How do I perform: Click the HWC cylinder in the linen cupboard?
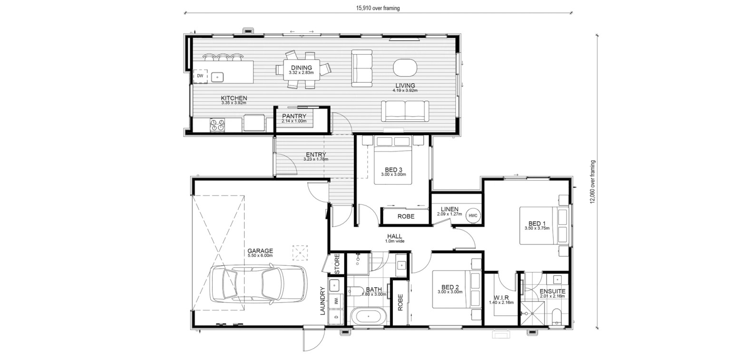pyautogui.click(x=473, y=215)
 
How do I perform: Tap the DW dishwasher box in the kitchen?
pyautogui.click(x=200, y=76)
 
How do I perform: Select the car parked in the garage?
pyautogui.click(x=258, y=284)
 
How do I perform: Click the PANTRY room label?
pyautogui.click(x=294, y=116)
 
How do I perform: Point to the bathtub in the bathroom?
pyautogui.click(x=368, y=317)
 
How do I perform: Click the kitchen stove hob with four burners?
pyautogui.click(x=217, y=125)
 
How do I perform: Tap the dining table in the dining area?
pyautogui.click(x=302, y=70)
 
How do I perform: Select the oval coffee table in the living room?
pyautogui.click(x=405, y=68)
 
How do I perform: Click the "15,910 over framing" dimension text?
pyautogui.click(x=378, y=8)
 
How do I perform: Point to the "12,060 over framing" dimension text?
pyautogui.click(x=593, y=182)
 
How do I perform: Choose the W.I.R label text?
pyautogui.click(x=501, y=298)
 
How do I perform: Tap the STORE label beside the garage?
pyautogui.click(x=337, y=264)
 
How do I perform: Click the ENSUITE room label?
pyautogui.click(x=553, y=292)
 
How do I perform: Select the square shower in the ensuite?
pyautogui.click(x=532, y=313)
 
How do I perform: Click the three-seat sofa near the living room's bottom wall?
pyautogui.click(x=405, y=111)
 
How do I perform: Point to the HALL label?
pyautogui.click(x=394, y=236)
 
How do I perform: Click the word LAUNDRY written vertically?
pyautogui.click(x=323, y=301)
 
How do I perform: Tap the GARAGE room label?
pyautogui.click(x=260, y=251)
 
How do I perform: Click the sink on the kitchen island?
pyautogui.click(x=217, y=78)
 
